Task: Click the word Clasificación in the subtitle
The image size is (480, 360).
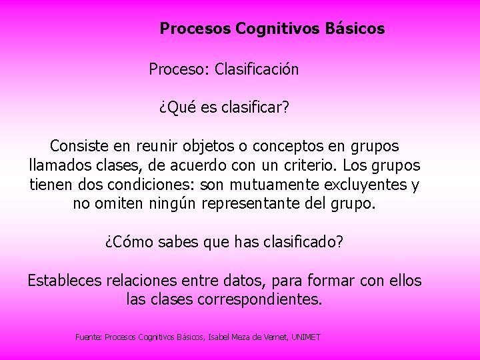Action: pyautogui.click(x=257, y=69)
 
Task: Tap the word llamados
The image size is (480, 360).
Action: pyautogui.click(x=58, y=165)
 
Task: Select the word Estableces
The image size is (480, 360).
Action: pyautogui.click(x=65, y=281)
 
